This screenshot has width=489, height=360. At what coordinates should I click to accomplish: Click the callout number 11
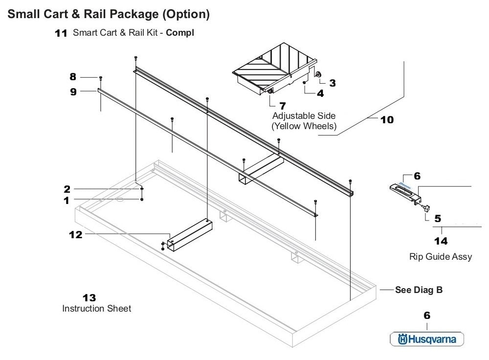[x=61, y=34]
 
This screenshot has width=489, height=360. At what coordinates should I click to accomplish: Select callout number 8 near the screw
[x=73, y=77]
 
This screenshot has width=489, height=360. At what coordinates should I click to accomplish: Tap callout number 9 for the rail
[x=73, y=91]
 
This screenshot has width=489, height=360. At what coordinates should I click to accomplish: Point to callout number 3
[x=332, y=83]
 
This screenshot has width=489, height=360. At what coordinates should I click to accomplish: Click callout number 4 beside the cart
[x=320, y=93]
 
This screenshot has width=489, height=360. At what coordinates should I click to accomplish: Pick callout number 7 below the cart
[x=282, y=105]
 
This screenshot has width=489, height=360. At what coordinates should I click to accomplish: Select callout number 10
[x=386, y=119]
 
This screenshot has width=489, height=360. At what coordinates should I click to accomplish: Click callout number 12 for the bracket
[x=75, y=235]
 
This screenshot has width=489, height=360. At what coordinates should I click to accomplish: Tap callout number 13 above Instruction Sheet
[x=89, y=297]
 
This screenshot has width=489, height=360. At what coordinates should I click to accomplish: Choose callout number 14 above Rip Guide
[x=441, y=241]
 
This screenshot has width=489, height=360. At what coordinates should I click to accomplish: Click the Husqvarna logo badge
[x=426, y=339]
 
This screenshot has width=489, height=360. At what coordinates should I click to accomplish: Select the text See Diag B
[x=419, y=290]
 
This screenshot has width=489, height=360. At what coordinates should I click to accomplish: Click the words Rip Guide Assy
[x=440, y=256]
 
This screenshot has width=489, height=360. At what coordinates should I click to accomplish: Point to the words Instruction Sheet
[x=96, y=309]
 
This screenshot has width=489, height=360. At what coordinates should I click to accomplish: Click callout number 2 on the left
[x=67, y=189]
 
